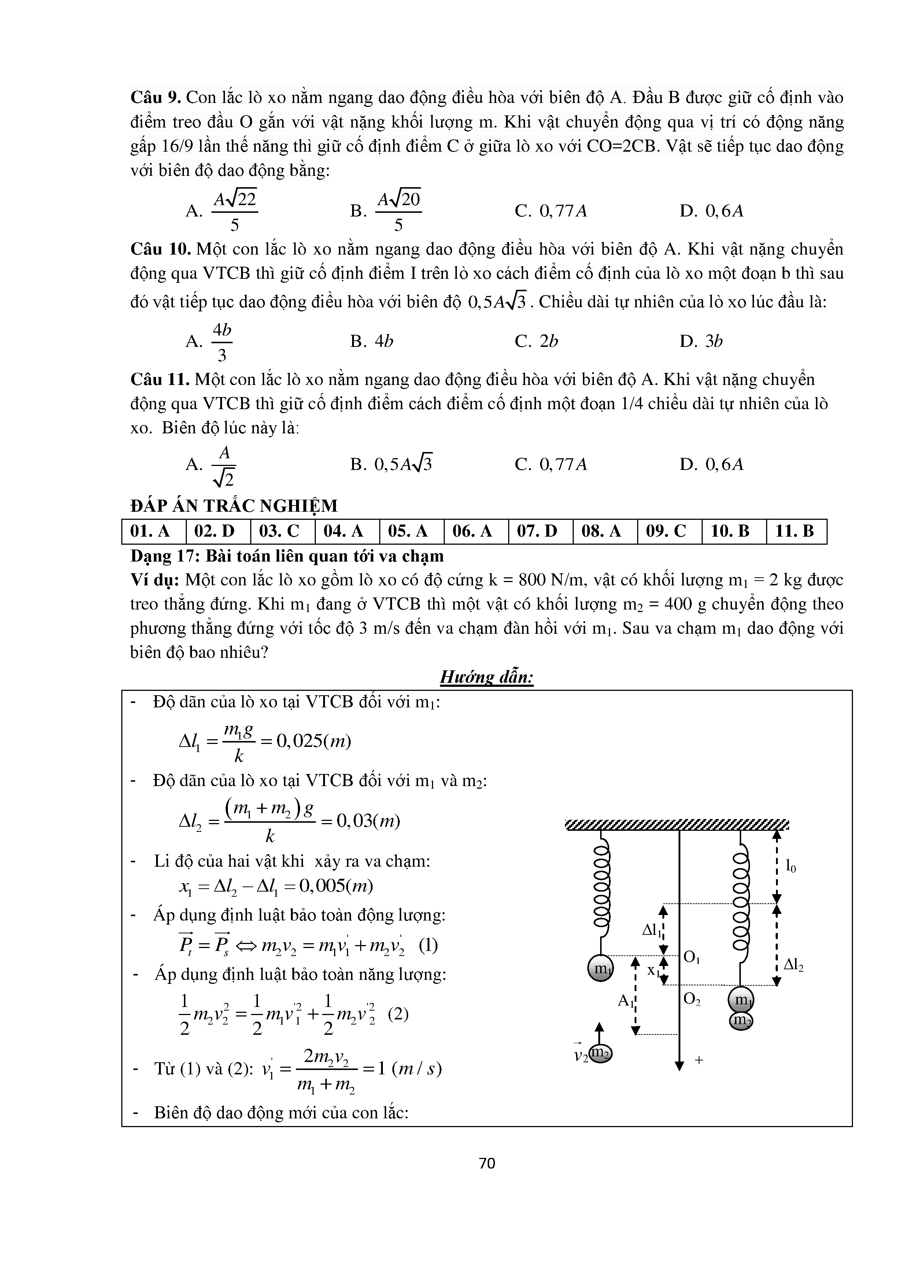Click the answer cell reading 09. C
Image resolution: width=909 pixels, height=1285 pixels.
pos(669,531)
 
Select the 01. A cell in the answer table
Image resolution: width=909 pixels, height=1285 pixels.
pos(154,531)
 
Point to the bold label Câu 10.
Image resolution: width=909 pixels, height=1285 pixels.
pos(160,249)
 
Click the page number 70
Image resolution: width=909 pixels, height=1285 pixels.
pos(487,1163)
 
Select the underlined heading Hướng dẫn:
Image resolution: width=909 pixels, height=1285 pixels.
pos(487,678)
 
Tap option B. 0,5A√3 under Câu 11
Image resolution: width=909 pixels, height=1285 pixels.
pos(391,464)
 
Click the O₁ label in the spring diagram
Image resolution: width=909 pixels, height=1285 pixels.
pos(692,958)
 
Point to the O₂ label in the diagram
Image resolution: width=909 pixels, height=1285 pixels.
pos(692,1000)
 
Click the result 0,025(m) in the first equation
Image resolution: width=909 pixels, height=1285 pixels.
pos(314,741)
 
